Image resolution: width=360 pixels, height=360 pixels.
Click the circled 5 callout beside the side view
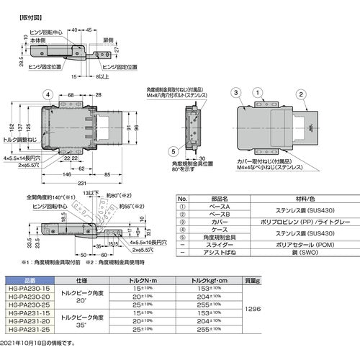173,151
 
